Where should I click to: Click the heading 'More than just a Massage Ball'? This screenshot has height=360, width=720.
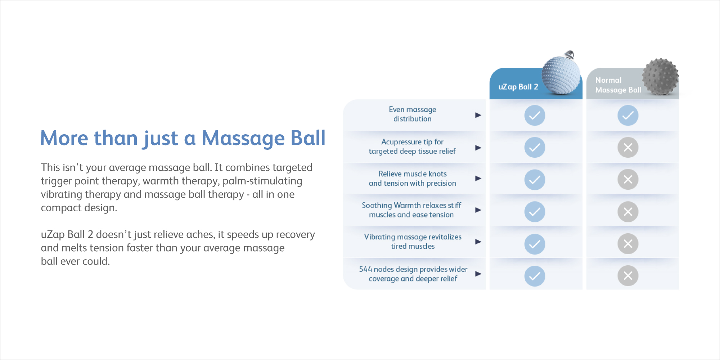[x=183, y=138]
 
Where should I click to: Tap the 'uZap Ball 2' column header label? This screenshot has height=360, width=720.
[x=518, y=87]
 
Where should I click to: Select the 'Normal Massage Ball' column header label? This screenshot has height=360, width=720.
[x=618, y=85]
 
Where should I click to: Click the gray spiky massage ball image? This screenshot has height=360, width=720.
[x=660, y=77]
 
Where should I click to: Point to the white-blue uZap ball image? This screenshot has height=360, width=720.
[x=561, y=75]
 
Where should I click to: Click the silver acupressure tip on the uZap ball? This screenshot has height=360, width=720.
[x=569, y=55]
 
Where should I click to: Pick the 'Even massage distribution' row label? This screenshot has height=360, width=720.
[x=412, y=114]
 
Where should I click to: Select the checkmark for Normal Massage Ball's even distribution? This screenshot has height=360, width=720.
[x=628, y=116]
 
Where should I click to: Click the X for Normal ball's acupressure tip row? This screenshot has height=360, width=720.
[x=628, y=148]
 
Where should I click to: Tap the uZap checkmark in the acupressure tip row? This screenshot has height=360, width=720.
[x=535, y=148]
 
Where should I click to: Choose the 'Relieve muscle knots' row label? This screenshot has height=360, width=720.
[x=412, y=179]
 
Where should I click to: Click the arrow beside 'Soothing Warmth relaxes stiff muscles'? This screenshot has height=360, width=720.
[x=478, y=210]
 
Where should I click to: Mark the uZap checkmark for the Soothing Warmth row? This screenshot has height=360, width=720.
[x=535, y=212]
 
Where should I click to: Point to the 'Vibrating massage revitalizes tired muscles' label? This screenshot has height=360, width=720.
[x=413, y=242]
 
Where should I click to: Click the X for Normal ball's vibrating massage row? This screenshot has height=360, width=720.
[x=628, y=244]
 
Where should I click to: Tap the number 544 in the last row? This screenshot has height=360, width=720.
[x=365, y=269]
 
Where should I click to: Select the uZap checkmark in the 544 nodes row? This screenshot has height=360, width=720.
[x=535, y=276]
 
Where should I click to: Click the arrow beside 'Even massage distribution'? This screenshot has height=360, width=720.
[x=478, y=115]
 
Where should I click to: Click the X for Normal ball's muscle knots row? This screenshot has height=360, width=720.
[x=628, y=180]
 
